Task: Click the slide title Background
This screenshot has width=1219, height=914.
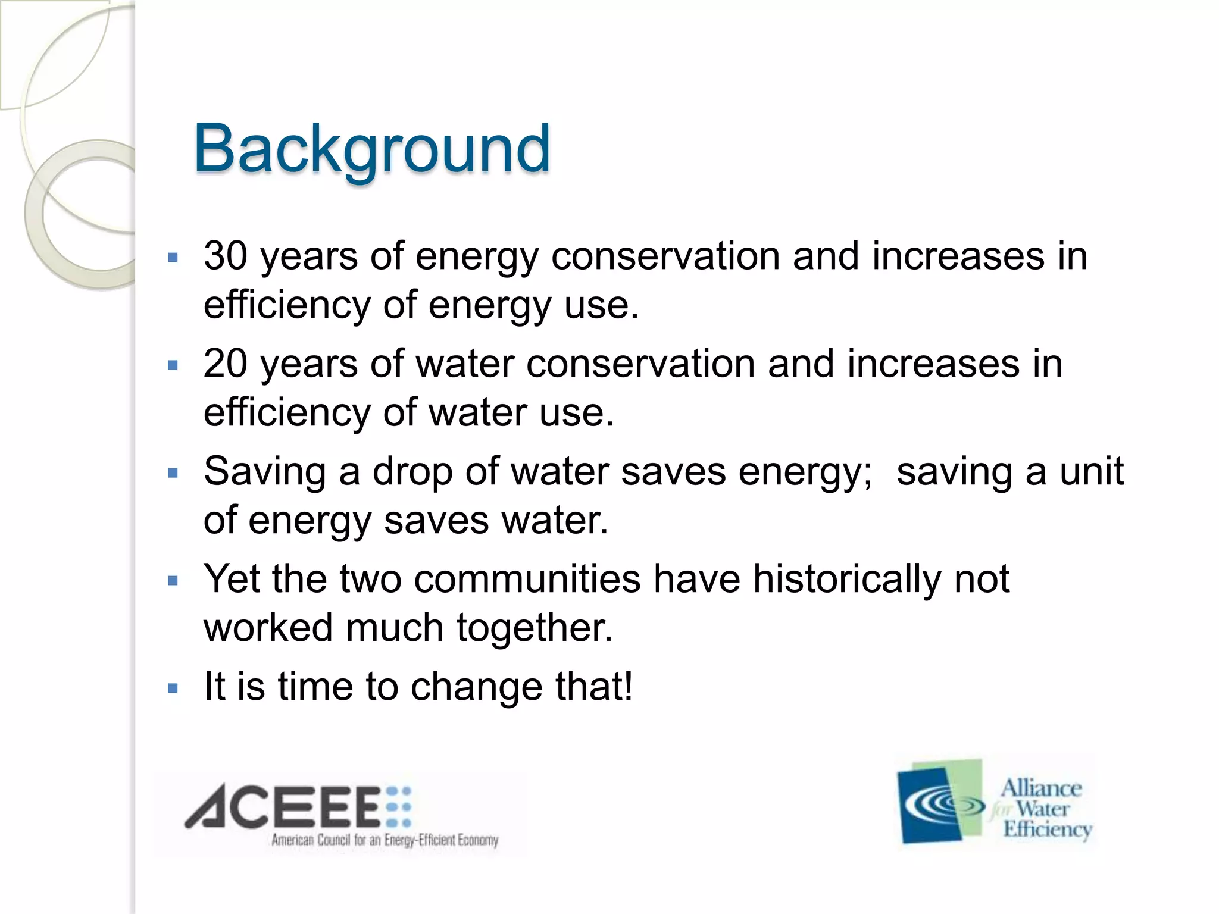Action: (x=371, y=149)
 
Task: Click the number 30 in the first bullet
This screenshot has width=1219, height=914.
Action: (x=226, y=256)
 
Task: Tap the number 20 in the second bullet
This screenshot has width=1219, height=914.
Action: (x=226, y=364)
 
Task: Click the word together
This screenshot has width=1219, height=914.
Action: (x=534, y=628)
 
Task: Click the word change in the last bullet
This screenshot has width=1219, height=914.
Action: (x=476, y=687)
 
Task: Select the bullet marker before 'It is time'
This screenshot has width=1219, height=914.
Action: (x=173, y=689)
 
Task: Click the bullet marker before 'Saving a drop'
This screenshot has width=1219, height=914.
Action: (x=173, y=474)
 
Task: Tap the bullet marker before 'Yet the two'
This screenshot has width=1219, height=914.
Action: (x=173, y=581)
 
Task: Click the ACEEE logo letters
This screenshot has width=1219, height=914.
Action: (x=283, y=807)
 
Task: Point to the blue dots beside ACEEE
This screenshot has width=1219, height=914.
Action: (x=398, y=807)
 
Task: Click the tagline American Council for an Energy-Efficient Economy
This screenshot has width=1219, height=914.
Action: (x=385, y=840)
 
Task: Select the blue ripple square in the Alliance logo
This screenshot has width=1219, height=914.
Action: (x=932, y=806)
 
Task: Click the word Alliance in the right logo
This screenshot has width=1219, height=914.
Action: (x=1040, y=788)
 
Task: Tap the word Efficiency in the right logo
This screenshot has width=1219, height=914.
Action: (x=1047, y=830)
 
